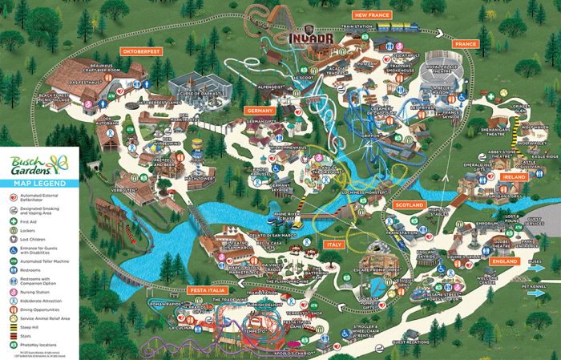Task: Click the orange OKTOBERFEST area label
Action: click(142, 51)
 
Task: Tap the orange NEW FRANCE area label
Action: click(371, 15)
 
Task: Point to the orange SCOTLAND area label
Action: click(409, 205)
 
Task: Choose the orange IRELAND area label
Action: click(511, 176)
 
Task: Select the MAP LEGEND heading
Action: click(39, 184)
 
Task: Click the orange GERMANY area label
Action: click(260, 111)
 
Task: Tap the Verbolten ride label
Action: click(123, 191)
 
